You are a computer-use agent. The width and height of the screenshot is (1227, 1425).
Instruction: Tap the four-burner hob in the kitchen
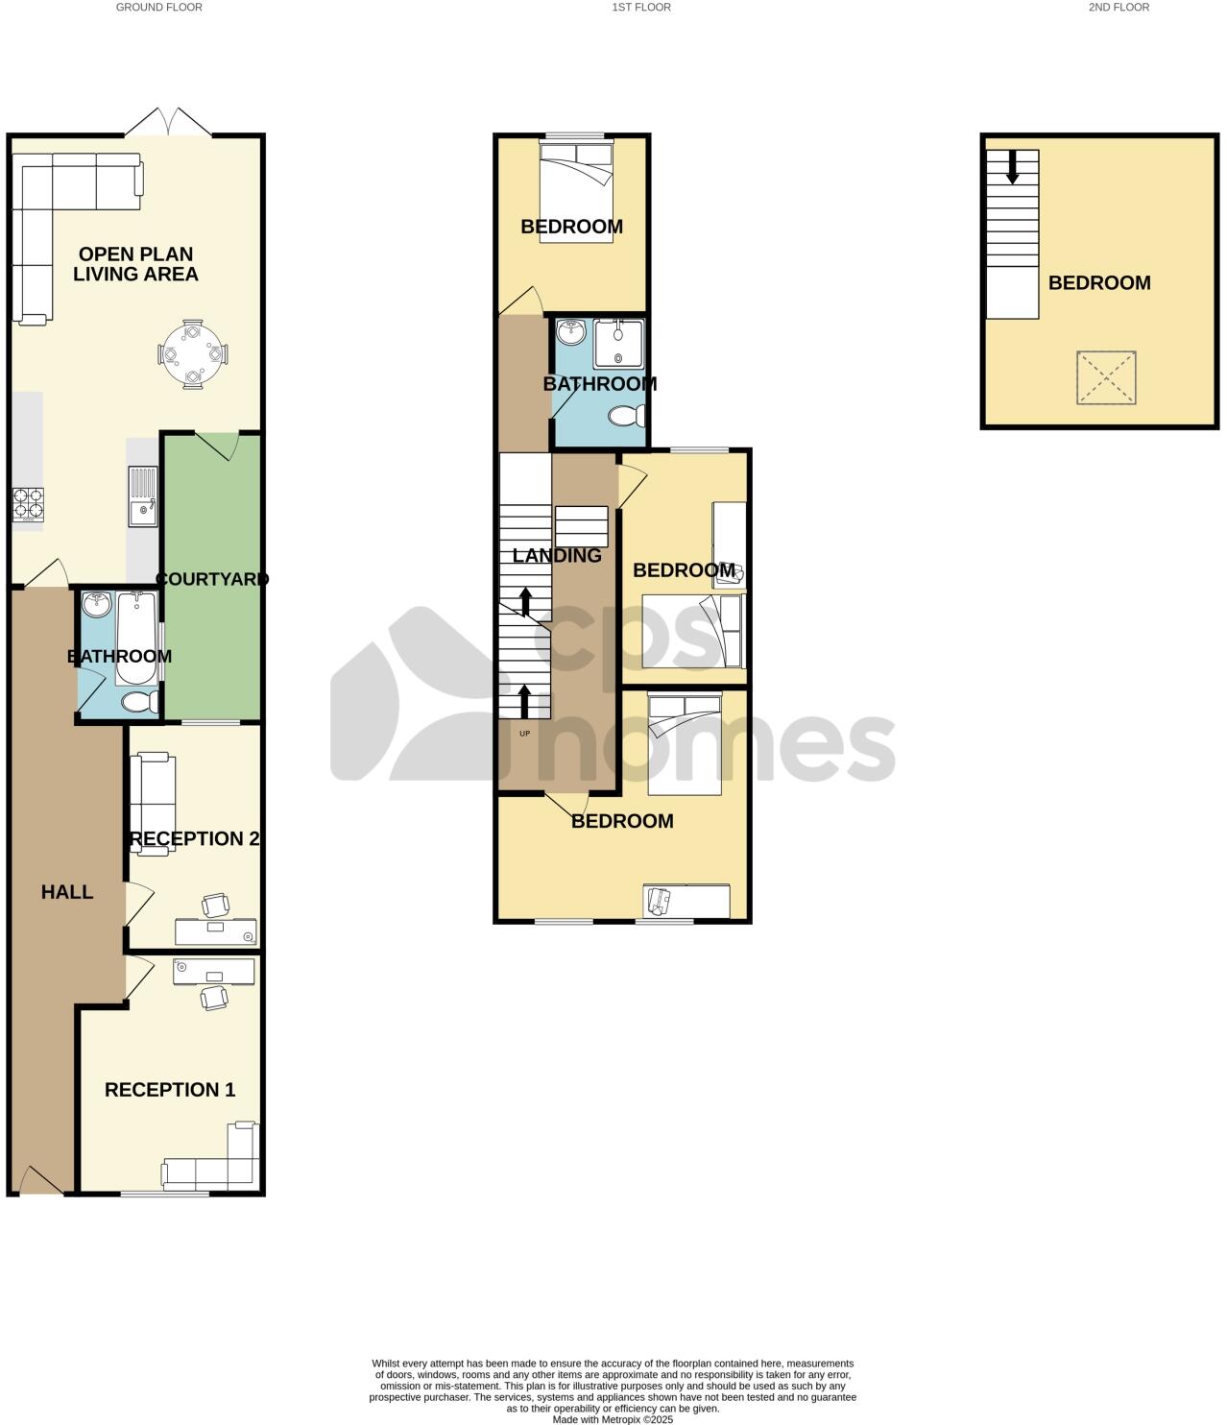(x=28, y=505)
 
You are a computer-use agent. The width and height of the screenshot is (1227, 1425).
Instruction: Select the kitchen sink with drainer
(x=144, y=495)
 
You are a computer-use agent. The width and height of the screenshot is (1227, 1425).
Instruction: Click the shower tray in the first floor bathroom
(x=616, y=344)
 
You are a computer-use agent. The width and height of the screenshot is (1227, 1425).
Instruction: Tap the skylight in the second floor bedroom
(x=1107, y=377)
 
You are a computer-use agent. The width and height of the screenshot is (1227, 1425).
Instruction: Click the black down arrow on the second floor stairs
(x=1012, y=168)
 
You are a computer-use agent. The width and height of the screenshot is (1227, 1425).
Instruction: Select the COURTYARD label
(x=211, y=579)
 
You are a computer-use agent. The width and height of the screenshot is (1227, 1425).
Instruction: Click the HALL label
(x=67, y=892)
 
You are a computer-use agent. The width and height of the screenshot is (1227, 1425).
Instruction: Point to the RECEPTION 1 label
(x=170, y=1090)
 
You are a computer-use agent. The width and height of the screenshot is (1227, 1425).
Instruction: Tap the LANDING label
(x=557, y=555)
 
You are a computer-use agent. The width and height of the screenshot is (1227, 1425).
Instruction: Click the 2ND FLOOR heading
(x=1119, y=7)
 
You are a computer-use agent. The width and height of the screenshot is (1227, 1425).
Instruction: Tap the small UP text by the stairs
(x=524, y=734)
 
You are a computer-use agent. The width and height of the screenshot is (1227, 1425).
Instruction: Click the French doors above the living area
(x=168, y=122)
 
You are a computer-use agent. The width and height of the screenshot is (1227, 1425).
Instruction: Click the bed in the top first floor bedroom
(x=576, y=190)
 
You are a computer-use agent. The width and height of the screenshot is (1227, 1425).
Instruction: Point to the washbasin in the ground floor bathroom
(x=96, y=605)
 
